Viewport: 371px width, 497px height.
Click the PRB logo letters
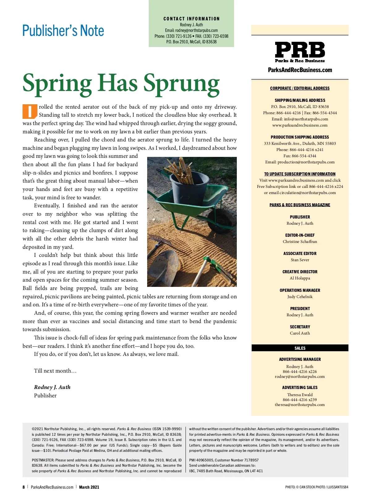click(x=300, y=50)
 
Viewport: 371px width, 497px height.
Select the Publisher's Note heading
click(x=63, y=31)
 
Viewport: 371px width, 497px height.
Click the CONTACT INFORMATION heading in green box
click(x=191, y=19)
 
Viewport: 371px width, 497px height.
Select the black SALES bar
click(x=300, y=348)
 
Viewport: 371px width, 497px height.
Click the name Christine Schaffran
click(x=300, y=242)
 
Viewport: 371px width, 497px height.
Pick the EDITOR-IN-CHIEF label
click(x=300, y=235)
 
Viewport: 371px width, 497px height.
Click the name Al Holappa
click(x=300, y=278)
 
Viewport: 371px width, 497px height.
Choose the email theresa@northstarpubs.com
click(x=300, y=405)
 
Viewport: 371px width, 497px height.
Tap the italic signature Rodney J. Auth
click(x=52, y=387)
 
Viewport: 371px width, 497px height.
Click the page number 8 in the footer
click(x=23, y=487)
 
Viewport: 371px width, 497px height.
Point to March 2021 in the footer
click(x=89, y=487)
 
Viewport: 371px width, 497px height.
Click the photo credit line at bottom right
click(x=317, y=487)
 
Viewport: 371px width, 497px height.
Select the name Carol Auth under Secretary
click(x=300, y=333)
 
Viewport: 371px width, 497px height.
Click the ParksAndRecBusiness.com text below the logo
click(x=300, y=70)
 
